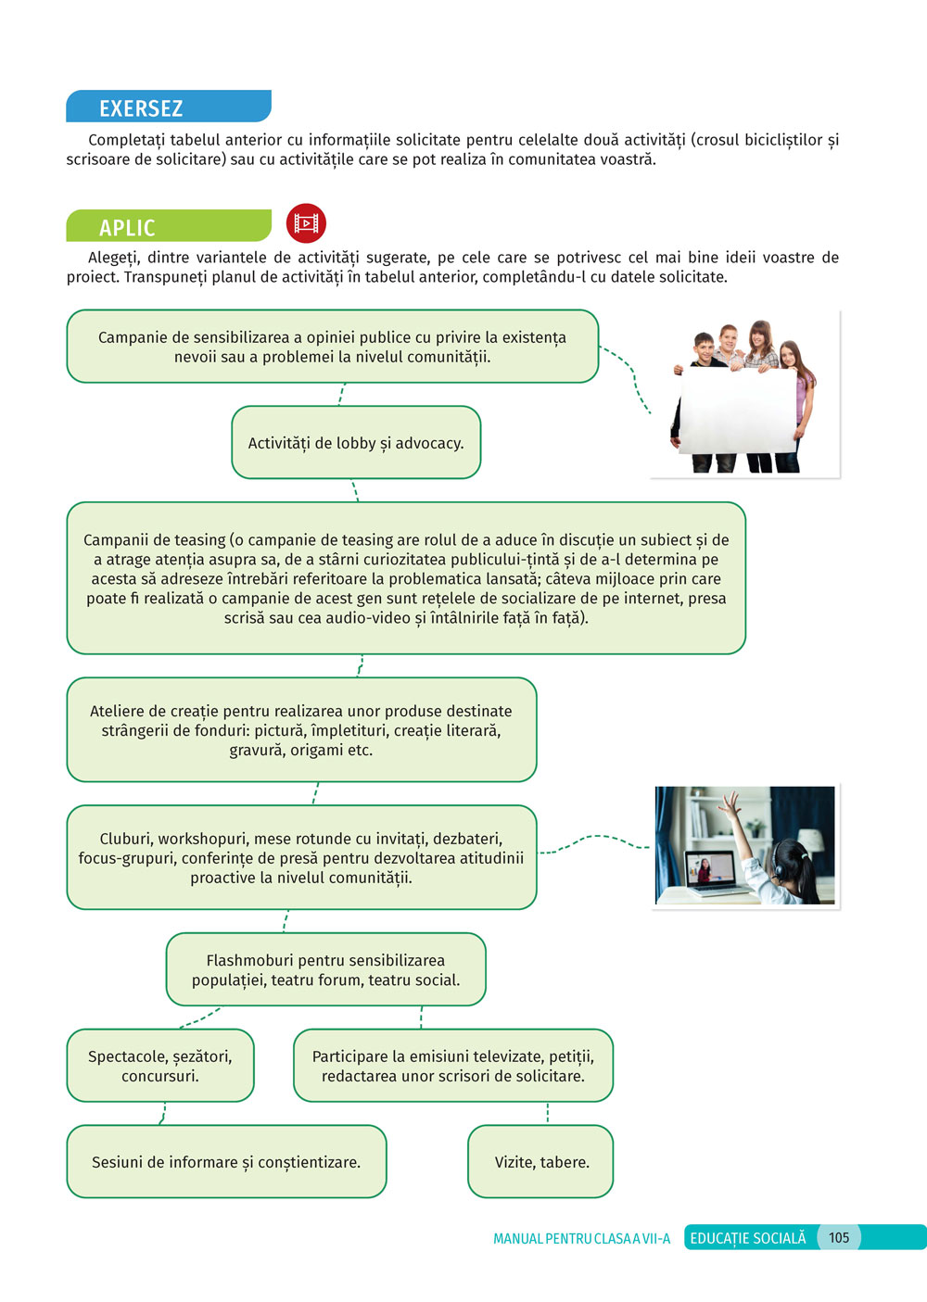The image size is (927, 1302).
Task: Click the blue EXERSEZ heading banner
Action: pyautogui.click(x=169, y=107)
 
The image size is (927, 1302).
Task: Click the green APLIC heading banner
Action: pyautogui.click(x=169, y=225)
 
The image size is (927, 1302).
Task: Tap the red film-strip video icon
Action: pyautogui.click(x=306, y=223)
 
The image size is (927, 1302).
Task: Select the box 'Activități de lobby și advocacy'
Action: pyautogui.click(x=356, y=442)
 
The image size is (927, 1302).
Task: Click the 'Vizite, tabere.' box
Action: pyautogui.click(x=540, y=1161)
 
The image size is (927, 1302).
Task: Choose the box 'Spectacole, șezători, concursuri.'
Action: pyautogui.click(x=160, y=1066)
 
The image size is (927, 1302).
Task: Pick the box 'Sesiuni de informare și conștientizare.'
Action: pyautogui.click(x=227, y=1161)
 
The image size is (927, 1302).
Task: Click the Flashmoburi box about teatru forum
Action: pyautogui.click(x=325, y=969)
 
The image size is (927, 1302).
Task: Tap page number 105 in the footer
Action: pyautogui.click(x=839, y=1237)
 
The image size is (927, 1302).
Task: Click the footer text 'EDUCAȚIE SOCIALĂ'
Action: pyautogui.click(x=748, y=1238)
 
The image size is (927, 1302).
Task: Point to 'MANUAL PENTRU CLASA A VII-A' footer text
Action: pyautogui.click(x=581, y=1239)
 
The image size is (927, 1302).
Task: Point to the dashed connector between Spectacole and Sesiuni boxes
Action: pyautogui.click(x=163, y=1113)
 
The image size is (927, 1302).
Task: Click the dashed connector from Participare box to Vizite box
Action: pyautogui.click(x=547, y=1113)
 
